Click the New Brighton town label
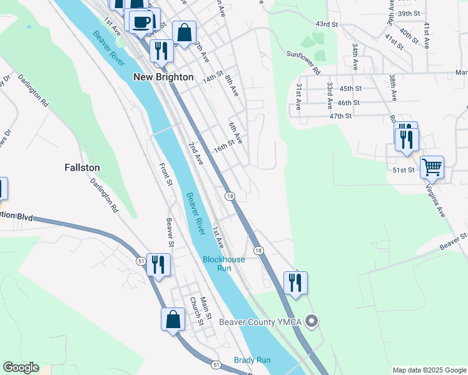(x=161, y=76)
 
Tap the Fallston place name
(x=82, y=167)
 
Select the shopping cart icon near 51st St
(x=432, y=167)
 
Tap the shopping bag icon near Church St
(x=173, y=319)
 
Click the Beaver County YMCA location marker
(x=313, y=322)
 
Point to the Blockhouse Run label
(x=223, y=264)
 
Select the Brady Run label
(x=253, y=360)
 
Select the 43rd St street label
(x=327, y=24)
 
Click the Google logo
(x=21, y=367)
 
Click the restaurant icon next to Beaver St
(x=158, y=264)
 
